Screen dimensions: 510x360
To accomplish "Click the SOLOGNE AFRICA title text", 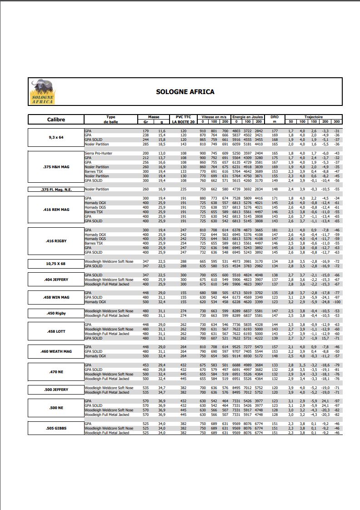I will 185,92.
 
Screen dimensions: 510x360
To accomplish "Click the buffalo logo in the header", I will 42,92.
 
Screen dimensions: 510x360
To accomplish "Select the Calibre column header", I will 56,120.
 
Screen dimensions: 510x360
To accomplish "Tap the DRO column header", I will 275,117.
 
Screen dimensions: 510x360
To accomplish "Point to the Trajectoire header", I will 313,117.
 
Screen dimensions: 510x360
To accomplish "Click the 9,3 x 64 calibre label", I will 56,137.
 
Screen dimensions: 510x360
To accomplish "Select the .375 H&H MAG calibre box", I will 56,167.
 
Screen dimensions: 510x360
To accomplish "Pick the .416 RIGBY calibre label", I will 56,241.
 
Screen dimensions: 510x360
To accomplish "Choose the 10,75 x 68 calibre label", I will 56,264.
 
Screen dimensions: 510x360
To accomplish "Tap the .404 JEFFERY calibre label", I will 56,280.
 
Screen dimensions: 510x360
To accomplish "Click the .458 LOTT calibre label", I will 56,331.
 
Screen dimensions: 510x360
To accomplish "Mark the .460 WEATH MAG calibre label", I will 56,351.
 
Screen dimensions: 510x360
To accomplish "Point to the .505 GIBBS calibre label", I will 56,428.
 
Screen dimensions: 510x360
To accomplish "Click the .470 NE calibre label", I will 56,372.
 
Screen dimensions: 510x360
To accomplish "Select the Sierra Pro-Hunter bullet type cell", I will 99,153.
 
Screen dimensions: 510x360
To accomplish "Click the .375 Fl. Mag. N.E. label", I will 56,189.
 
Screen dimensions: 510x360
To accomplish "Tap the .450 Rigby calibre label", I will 56,313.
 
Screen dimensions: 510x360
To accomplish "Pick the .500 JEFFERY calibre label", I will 56,390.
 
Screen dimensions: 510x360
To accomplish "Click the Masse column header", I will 154,117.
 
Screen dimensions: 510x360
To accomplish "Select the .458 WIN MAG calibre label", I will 56,297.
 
